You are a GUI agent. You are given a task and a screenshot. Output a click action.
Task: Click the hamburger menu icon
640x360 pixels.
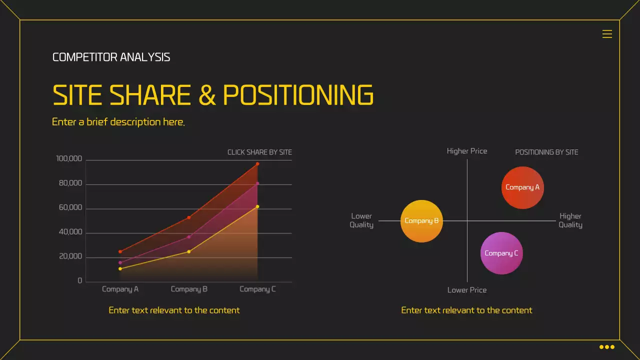607,34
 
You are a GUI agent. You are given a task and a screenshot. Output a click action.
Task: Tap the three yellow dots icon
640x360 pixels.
606,347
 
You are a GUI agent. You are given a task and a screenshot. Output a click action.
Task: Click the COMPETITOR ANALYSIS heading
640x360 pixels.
111,57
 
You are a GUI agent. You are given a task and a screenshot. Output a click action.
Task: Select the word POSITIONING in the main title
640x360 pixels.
298,95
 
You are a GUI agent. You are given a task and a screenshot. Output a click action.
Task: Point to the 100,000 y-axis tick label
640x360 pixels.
69,159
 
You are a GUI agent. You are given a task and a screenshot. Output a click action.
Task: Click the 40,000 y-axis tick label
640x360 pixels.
70,232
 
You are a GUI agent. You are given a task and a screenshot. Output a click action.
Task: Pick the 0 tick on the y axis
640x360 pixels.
80,281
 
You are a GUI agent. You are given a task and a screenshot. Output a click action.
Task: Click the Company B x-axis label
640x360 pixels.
189,289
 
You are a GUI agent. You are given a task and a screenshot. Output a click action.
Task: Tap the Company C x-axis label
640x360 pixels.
257,289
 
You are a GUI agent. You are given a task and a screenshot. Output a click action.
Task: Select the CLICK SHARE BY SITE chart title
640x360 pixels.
259,152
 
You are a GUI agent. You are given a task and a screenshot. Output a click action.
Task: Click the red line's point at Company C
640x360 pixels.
257,164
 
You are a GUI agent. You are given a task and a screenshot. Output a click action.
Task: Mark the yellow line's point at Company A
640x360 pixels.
120,269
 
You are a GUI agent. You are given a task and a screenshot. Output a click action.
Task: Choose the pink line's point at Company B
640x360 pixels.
189,237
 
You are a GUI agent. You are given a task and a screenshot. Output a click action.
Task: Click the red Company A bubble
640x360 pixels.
522,187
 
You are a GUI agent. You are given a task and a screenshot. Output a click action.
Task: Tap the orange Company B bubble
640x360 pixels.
421,221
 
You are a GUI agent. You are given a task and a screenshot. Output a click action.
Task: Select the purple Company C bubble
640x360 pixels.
501,253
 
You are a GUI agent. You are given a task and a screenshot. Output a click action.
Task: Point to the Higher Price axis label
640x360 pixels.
466,151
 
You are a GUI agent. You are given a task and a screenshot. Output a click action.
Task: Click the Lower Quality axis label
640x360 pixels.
361,220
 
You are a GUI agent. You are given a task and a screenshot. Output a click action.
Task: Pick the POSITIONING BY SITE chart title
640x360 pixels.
546,152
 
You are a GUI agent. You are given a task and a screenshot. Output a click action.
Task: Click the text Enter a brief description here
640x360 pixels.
118,122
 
